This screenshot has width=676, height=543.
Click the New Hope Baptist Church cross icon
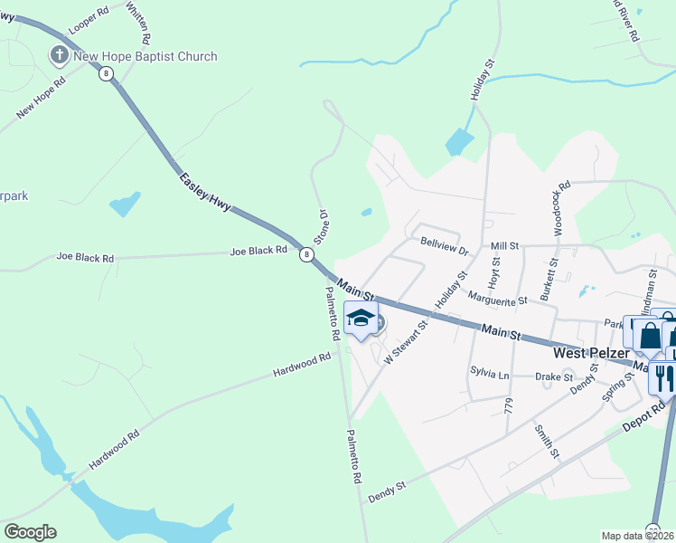[60, 56]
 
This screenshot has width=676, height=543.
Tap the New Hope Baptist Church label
[146, 56]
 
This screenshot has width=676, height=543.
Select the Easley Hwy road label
[206, 192]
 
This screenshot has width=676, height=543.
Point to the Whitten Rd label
[138, 23]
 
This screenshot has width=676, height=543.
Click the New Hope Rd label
[42, 99]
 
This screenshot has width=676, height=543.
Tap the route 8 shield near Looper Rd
[107, 74]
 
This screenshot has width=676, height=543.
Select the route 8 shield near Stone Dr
[308, 255]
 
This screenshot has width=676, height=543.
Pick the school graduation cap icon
[361, 319]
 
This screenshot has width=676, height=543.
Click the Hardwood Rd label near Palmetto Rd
[301, 367]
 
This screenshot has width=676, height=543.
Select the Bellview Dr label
[445, 245]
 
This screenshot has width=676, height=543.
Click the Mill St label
[504, 245]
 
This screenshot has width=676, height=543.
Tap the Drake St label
[554, 376]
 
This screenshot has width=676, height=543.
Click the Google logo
[30, 532]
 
